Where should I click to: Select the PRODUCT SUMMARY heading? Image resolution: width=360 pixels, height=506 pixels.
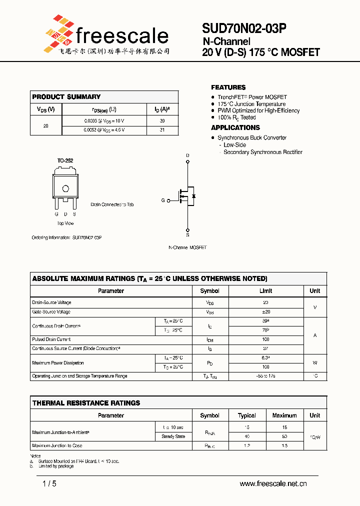pos(66,97)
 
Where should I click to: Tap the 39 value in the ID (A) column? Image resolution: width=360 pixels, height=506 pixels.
pos(162,121)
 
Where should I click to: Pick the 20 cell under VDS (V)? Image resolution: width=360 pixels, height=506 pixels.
pos(46,126)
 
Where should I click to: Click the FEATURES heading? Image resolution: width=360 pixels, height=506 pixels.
pos(228,87)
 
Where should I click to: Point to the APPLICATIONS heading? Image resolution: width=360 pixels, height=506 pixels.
pos(235,128)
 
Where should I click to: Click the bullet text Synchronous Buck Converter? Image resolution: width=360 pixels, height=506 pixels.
pos(252,137)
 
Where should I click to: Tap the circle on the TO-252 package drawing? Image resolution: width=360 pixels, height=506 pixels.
pos(65,188)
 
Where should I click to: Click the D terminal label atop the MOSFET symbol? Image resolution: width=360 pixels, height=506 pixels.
pos(188,155)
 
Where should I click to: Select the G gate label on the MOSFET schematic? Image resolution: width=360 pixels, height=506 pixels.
pos(163,200)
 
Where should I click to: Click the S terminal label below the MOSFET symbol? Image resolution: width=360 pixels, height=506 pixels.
pos(188,234)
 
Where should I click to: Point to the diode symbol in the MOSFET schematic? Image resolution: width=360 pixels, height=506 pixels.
pos(193,196)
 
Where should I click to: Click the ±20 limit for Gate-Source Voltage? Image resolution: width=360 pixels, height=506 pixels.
pos(265,311)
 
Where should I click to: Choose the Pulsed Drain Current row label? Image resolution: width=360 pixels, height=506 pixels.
pos(51,339)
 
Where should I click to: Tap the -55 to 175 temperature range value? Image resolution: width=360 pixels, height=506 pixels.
pos(265,376)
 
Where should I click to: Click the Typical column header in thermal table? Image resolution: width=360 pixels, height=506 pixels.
pos(247,415)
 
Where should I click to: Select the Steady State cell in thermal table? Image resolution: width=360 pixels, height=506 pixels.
pos(173,436)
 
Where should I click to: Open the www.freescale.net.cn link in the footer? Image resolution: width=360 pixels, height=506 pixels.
pos(273,483)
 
